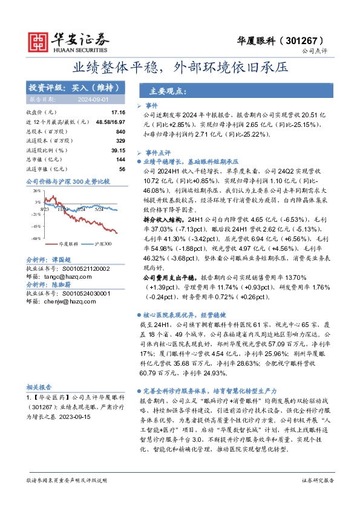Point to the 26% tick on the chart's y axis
[x=38, y=190]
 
